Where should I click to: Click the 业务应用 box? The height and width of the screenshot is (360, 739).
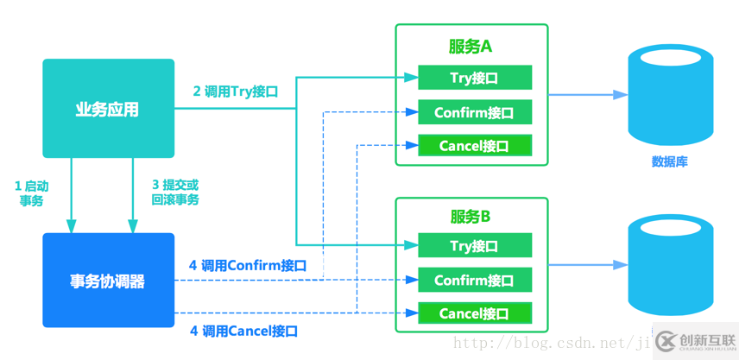[108, 109]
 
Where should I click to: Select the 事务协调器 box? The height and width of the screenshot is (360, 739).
[108, 281]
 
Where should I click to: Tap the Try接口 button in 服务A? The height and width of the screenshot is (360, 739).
[474, 78]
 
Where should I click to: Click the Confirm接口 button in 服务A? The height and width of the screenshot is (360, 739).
[474, 112]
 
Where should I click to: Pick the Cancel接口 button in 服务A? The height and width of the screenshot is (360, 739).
[474, 146]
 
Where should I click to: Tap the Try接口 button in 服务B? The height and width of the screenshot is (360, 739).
[474, 246]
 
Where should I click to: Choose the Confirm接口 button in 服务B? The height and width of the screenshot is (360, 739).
[474, 280]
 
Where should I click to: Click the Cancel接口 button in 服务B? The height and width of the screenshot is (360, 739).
[474, 313]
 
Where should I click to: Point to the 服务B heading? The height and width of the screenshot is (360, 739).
[471, 216]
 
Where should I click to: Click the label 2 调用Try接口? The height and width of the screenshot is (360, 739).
[235, 92]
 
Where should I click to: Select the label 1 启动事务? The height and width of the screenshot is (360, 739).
[31, 193]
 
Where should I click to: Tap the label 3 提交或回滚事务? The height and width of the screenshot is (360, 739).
[175, 193]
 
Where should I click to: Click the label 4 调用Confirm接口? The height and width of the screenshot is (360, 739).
[248, 265]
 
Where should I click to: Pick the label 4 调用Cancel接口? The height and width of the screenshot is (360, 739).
[243, 331]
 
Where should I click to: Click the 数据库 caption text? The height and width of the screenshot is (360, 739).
[670, 161]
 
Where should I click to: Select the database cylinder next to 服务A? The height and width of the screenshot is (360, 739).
[671, 95]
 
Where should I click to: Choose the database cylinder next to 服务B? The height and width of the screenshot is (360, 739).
[671, 265]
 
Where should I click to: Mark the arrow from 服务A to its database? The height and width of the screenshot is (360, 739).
[588, 95]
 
